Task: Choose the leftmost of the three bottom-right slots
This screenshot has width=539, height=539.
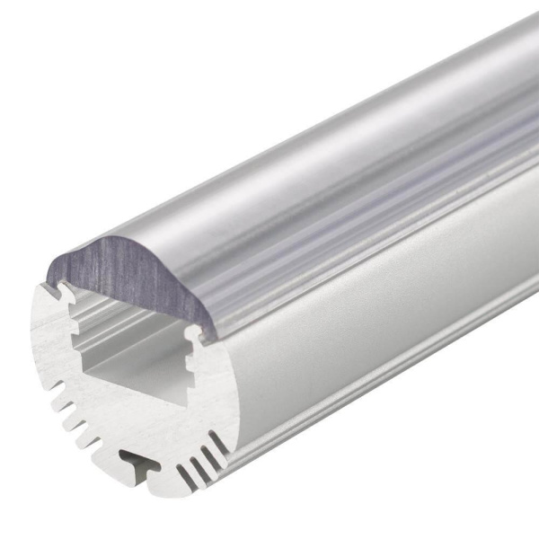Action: [x=184, y=475]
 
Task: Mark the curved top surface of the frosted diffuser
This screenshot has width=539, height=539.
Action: [x=341, y=162]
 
